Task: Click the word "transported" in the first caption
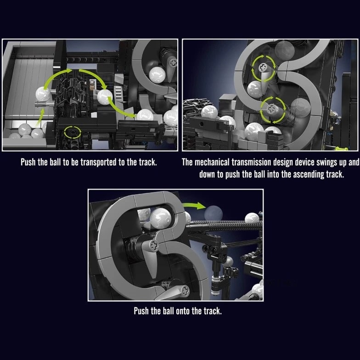[x=98, y=163]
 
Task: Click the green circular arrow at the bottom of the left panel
[x=73, y=132]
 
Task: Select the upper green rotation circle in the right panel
[x=264, y=68]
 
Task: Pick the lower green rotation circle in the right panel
[x=273, y=110]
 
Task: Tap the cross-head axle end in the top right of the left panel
[x=174, y=62]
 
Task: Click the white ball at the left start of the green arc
[x=43, y=94]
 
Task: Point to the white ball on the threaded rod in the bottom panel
[x=252, y=218]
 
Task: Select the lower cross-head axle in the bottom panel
[x=185, y=290]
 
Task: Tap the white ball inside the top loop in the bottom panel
[x=161, y=219]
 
